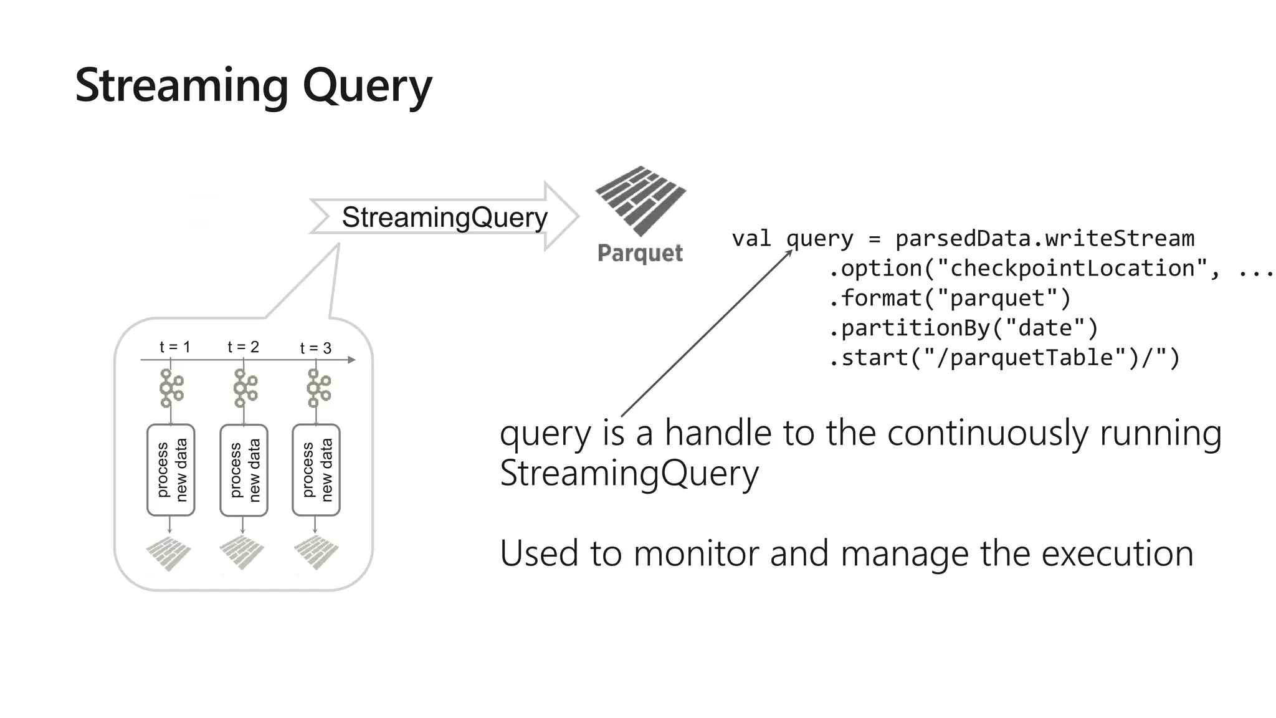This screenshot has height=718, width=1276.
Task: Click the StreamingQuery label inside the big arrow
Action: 444,218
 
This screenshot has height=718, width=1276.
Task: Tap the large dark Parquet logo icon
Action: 640,200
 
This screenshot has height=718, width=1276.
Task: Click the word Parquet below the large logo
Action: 640,253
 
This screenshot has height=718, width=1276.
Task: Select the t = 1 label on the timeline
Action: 174,347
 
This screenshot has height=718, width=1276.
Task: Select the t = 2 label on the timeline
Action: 243,347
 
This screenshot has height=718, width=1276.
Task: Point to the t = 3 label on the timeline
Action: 315,348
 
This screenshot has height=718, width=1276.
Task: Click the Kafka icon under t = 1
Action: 171,388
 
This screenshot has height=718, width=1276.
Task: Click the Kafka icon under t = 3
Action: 318,388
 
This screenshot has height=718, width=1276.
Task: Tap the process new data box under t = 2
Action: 244,470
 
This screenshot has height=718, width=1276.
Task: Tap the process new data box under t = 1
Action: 171,470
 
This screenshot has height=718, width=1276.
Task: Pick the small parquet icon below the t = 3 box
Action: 316,553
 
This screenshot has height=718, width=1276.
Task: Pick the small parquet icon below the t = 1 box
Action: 168,553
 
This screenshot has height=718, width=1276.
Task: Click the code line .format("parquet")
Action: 950,298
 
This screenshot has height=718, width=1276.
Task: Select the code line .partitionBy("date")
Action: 963,328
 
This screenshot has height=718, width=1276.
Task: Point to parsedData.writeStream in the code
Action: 1044,239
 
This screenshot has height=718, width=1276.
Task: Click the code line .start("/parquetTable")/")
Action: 1004,358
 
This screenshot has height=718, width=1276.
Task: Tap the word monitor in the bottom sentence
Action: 697,553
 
